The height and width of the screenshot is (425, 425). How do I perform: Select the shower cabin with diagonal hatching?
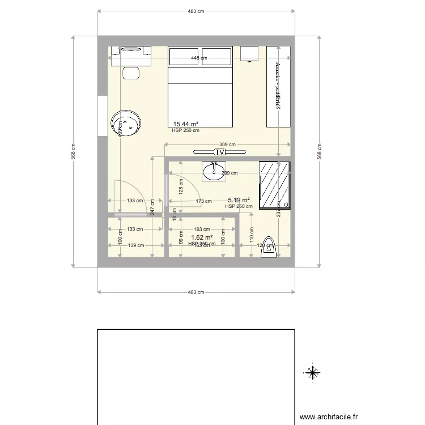click(274, 185)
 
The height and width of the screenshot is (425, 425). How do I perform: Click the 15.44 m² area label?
click(185, 124)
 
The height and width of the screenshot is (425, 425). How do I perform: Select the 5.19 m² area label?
click(239, 200)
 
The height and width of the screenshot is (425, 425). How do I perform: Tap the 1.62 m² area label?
click(202, 238)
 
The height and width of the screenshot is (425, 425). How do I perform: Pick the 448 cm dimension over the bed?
click(198, 58)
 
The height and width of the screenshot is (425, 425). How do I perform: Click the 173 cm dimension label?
click(203, 201)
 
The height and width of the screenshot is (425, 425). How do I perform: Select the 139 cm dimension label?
click(135, 245)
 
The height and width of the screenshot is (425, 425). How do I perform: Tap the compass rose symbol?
click(312, 372)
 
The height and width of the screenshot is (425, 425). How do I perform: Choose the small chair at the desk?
click(131, 73)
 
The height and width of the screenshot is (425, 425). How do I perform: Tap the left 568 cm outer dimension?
click(73, 151)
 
